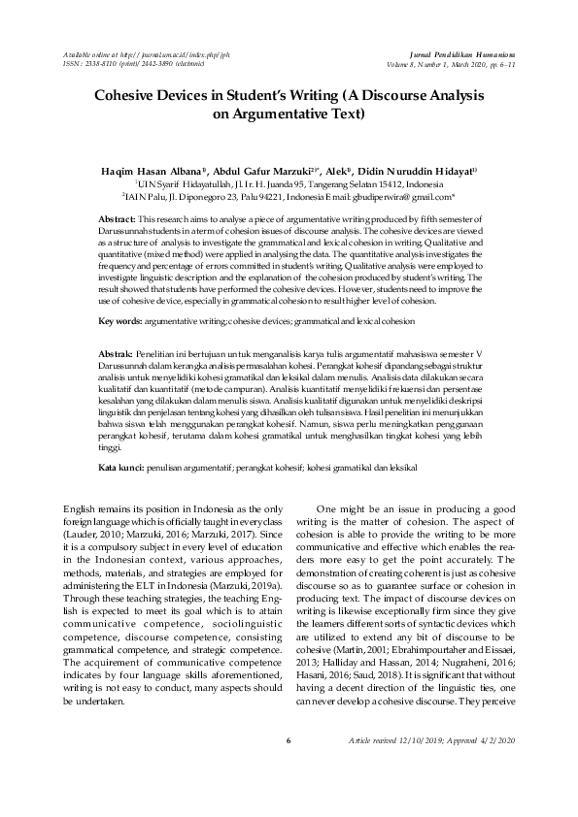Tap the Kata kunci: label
coord(122,467)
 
